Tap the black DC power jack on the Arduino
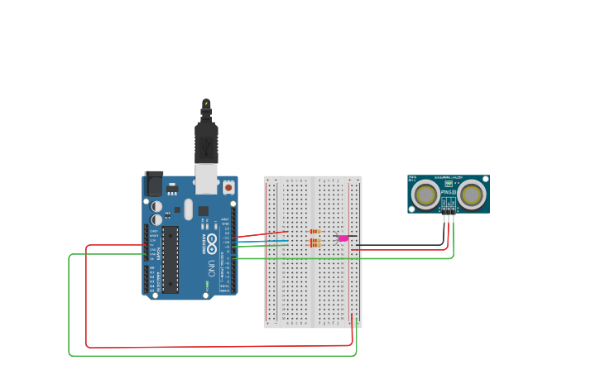[x=153, y=183]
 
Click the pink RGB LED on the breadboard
[x=343, y=238]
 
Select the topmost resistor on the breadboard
[x=314, y=231]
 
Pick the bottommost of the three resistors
[x=314, y=245]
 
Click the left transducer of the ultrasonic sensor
[x=425, y=195]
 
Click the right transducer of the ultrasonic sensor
[x=472, y=195]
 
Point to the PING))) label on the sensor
[x=449, y=192]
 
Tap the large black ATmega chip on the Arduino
[x=170, y=259]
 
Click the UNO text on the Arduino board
[x=212, y=267]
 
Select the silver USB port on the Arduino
[x=206, y=178]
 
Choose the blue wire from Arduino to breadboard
[x=261, y=241]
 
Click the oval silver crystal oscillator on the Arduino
[x=189, y=209]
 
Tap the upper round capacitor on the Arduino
[x=156, y=206]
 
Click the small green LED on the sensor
[x=449, y=183]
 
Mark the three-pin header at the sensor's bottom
[x=448, y=210]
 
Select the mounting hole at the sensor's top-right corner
[x=486, y=178]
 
